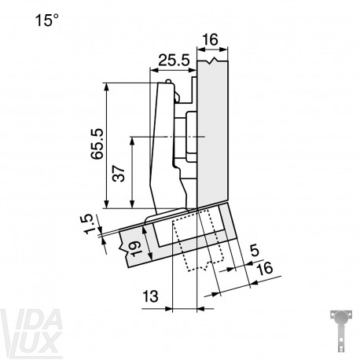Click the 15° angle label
coord(47,20)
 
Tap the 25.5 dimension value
coord(174,61)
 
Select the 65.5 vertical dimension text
coord(97,144)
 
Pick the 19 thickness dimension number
coord(135,248)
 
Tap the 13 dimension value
coord(150,296)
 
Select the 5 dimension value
coord(255,251)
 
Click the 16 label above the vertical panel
coord(210,40)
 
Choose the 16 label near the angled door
coord(265,268)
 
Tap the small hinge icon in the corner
coord(341,331)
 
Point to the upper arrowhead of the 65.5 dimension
coord(106,87)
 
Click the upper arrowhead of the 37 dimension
coord(132,141)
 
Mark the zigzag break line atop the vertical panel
coord(213,61)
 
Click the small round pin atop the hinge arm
coord(168,81)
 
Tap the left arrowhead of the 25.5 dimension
coord(153,70)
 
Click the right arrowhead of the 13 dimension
coord(200,309)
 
